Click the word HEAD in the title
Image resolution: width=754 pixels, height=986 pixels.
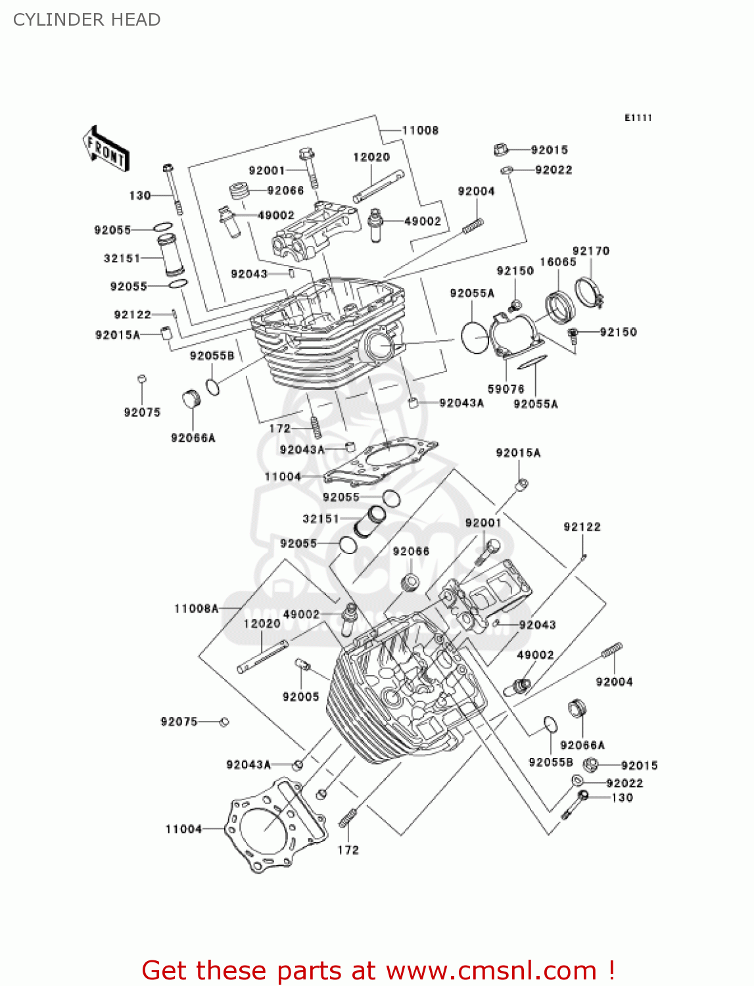click(x=136, y=20)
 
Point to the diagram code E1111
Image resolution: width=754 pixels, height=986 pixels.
click(x=638, y=118)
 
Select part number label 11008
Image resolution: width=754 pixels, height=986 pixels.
click(x=420, y=130)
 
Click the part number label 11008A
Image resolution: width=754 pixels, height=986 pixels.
click(x=196, y=609)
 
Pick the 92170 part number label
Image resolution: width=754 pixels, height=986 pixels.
click(x=590, y=250)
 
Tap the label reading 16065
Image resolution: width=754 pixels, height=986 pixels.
click(x=557, y=262)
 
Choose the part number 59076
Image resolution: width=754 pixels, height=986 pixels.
click(x=506, y=389)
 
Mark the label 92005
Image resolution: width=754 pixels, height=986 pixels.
click(x=300, y=697)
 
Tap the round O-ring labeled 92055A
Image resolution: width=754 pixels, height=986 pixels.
click(x=475, y=337)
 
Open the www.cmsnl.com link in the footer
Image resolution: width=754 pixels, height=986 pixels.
click(x=490, y=970)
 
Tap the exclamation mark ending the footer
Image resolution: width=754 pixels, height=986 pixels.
click(x=611, y=970)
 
